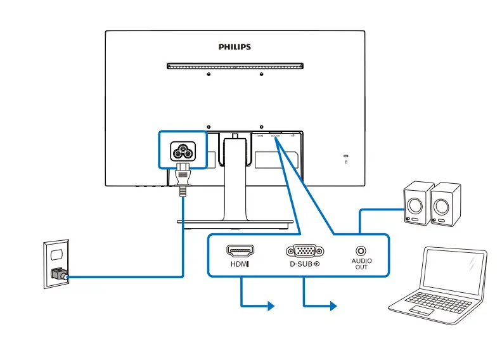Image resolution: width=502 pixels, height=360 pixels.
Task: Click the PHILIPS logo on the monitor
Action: (x=235, y=47)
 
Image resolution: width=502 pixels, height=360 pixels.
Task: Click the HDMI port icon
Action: (x=240, y=250)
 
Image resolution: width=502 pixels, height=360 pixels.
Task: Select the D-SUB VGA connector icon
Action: (x=305, y=250)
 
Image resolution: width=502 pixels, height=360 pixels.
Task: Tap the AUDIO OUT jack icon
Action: (x=361, y=251)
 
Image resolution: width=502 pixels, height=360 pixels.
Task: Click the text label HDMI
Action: (x=240, y=263)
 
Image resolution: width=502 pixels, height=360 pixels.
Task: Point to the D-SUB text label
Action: (x=302, y=263)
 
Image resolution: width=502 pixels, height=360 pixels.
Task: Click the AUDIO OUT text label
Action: (x=361, y=264)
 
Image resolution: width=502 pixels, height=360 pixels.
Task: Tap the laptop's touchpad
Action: (x=421, y=311)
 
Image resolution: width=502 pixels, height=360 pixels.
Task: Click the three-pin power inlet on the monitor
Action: (x=183, y=151)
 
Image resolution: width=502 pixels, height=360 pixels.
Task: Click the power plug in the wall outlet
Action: (x=59, y=275)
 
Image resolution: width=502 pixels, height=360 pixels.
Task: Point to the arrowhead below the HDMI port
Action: (x=271, y=306)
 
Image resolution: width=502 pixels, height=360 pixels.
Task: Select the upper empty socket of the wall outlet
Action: (x=56, y=254)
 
